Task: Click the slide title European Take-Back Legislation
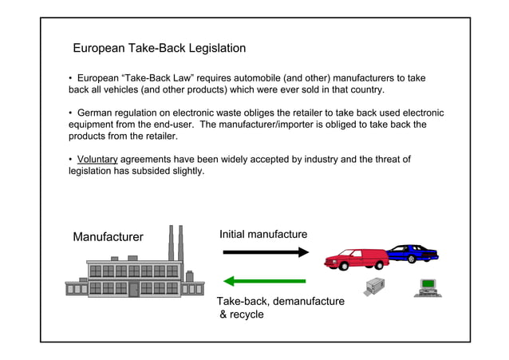159,49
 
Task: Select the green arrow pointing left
265,281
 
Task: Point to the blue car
412,252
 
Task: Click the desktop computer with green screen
428,286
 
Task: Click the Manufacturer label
108,237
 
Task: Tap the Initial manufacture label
262,234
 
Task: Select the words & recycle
241,315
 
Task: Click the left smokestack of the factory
171,242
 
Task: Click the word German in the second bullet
97,113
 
